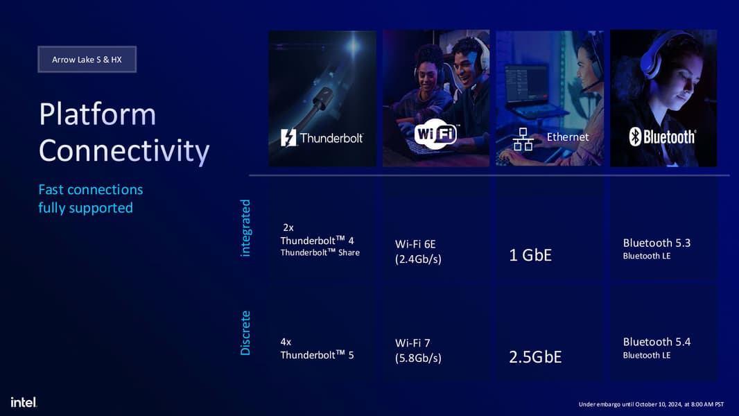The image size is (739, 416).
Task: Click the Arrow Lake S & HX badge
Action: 87,60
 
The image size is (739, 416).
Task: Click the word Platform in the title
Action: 97,114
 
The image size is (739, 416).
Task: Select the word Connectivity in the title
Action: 124,151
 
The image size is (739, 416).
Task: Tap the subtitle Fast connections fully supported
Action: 91,198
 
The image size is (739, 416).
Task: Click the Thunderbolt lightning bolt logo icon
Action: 288,137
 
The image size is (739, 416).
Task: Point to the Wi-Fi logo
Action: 436,135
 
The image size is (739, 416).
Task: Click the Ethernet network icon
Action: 523,139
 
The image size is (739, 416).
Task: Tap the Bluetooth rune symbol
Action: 635,137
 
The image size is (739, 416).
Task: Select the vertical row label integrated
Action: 245,228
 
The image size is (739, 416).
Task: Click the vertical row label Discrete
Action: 245,333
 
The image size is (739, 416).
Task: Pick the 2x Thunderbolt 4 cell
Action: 320,240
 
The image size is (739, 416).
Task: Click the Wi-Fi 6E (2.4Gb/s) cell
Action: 418,252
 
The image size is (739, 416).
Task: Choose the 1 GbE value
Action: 530,255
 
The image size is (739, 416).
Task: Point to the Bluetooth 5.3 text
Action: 657,243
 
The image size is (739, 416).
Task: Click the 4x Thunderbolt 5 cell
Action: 317,349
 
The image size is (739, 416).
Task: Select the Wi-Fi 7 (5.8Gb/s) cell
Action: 418,351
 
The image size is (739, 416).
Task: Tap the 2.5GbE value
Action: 535,356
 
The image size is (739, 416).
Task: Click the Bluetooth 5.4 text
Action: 657,342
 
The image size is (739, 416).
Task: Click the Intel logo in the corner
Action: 24,402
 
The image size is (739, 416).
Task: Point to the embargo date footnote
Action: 651,404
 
